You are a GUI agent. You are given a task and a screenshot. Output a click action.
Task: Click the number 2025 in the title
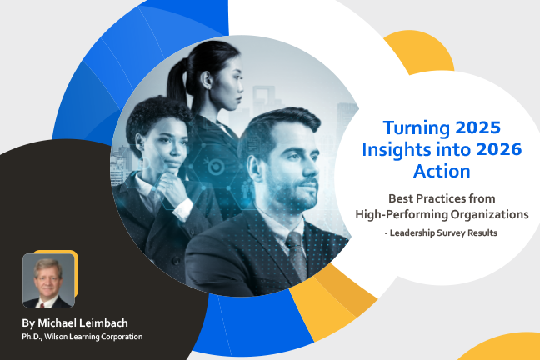coord(480,128)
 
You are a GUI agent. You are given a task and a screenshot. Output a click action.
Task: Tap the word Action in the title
coord(442,172)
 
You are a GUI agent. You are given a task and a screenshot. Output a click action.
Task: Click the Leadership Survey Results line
coord(442,232)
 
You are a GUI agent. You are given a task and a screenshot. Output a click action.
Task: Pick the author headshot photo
coord(48,280)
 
